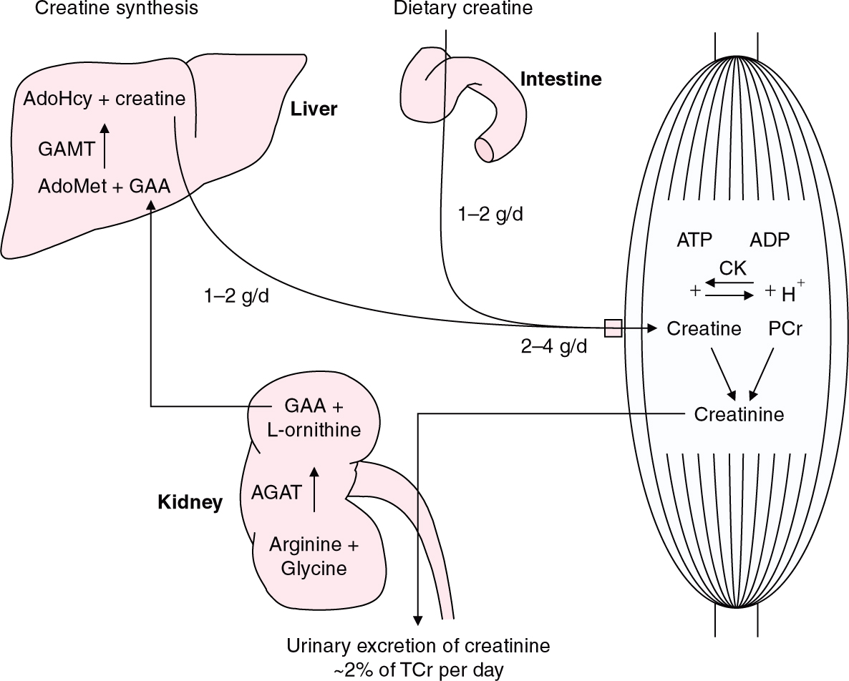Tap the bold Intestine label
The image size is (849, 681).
(x=561, y=79)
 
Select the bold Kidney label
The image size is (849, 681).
(x=190, y=502)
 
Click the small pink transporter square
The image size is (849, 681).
(x=613, y=328)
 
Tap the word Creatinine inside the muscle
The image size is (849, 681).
(x=739, y=414)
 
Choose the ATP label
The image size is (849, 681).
(x=694, y=240)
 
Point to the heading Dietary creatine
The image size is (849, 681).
(x=463, y=9)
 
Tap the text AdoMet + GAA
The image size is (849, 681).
(x=104, y=187)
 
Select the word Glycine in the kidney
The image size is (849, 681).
(x=314, y=569)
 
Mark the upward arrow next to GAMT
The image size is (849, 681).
(x=105, y=145)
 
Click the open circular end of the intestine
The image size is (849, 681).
(x=485, y=150)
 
